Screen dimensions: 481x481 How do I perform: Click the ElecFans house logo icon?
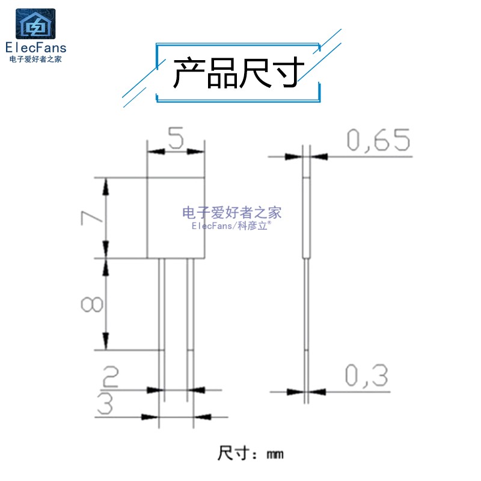tap(35, 23)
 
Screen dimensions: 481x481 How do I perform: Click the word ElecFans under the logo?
tap(36, 48)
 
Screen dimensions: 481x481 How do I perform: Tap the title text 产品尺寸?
tap(239, 72)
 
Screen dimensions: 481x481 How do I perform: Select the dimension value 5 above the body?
tap(176, 138)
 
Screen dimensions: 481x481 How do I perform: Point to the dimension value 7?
tap(91, 218)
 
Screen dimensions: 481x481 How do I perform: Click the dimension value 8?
tap(91, 304)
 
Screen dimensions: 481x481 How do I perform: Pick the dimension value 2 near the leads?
tap(110, 376)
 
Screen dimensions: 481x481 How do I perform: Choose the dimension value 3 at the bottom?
tap(105, 403)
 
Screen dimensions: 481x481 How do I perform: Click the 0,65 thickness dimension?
tap(378, 140)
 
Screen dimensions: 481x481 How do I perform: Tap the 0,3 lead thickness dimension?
tap(366, 376)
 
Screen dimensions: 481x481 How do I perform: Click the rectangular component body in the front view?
tap(176, 218)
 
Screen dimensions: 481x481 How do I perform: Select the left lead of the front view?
tap(162, 329)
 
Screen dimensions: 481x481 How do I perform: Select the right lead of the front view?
tap(190, 329)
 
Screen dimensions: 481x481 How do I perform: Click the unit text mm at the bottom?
tap(275, 455)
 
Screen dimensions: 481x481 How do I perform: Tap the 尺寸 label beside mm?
tap(233, 453)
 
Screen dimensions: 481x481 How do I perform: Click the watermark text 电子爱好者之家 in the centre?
tap(232, 213)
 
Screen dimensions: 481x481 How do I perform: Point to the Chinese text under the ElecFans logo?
tap(35, 59)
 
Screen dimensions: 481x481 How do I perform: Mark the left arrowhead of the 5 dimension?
tap(156, 152)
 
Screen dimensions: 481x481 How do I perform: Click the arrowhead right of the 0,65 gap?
tap(319, 157)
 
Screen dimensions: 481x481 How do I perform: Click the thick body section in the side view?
tap(307, 218)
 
